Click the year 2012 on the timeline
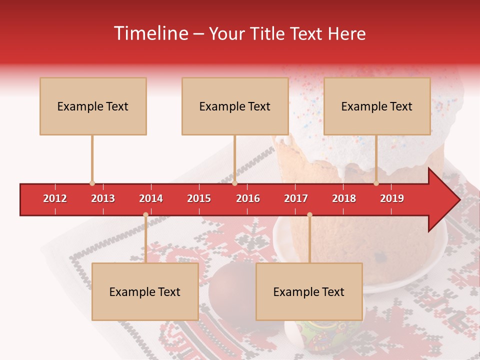55,198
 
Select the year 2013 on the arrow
103,198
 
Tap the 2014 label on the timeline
151,198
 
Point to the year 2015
199,198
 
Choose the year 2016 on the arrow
248,198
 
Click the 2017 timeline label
296,198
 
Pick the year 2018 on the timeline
344,198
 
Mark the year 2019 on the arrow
392,198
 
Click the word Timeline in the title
150,33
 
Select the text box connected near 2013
93,106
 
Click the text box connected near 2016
235,106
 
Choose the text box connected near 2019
377,106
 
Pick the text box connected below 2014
145,291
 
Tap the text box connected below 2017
309,291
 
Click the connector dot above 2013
92,183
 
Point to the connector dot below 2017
309,215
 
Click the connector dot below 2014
145,215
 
